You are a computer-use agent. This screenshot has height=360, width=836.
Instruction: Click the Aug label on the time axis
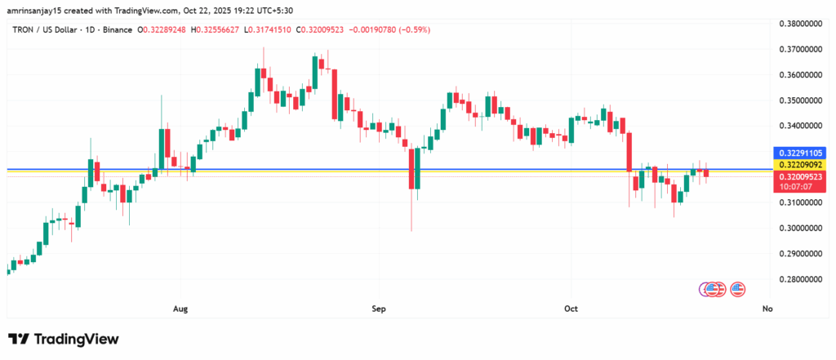pos(181,309)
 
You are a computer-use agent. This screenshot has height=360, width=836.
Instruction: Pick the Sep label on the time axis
pos(378,309)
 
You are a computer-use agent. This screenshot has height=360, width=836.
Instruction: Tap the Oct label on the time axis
pos(571,309)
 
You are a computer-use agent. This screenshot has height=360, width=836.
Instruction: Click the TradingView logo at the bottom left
pos(64,339)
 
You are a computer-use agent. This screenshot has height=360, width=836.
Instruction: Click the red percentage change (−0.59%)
pos(415,30)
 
